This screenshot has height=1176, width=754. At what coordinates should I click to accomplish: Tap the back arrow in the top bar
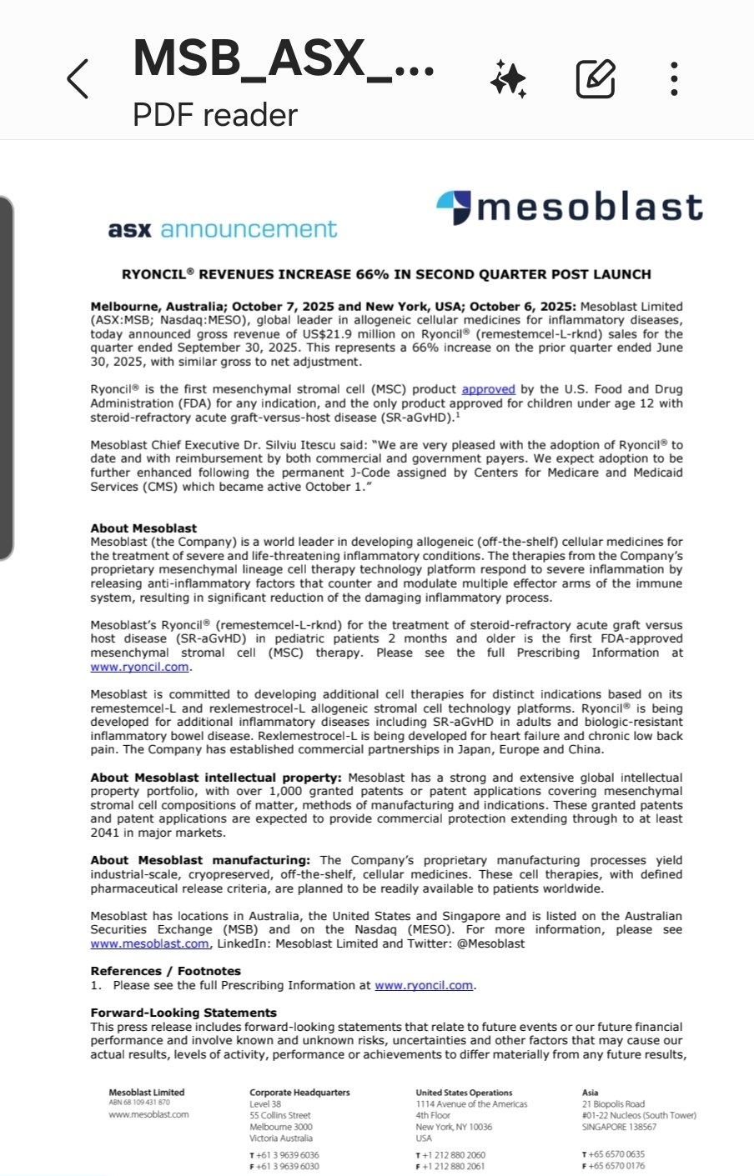pyautogui.click(x=78, y=79)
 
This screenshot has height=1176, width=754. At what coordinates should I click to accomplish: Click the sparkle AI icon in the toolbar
pyautogui.click(x=508, y=79)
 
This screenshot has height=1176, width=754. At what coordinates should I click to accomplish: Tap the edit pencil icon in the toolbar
pyautogui.click(x=596, y=79)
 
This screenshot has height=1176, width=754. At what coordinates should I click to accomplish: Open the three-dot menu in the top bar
pyautogui.click(x=674, y=79)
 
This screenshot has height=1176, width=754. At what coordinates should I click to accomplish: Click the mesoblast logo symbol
pyautogui.click(x=455, y=208)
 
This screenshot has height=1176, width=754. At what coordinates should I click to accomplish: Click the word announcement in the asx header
pyautogui.click(x=249, y=229)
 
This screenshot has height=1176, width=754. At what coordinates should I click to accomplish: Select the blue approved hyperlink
pyautogui.click(x=488, y=389)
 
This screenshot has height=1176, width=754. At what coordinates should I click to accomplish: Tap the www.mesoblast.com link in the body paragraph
pyautogui.click(x=150, y=943)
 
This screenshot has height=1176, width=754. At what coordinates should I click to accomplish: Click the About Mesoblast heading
pyautogui.click(x=143, y=528)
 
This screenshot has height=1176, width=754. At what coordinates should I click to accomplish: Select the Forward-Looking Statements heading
pyautogui.click(x=183, y=1013)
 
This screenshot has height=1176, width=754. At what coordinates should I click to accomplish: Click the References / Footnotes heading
pyautogui.click(x=165, y=971)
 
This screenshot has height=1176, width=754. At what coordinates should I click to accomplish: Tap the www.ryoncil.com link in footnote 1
pyautogui.click(x=424, y=985)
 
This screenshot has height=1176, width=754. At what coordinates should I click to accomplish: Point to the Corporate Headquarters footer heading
pyautogui.click(x=299, y=1092)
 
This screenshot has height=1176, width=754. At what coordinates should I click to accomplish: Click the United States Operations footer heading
pyautogui.click(x=464, y=1092)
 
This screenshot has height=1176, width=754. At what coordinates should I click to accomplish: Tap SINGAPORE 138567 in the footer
pyautogui.click(x=619, y=1127)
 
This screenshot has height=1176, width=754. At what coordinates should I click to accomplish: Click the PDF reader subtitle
pyautogui.click(x=214, y=115)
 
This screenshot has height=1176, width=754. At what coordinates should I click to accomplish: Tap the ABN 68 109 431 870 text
pyautogui.click(x=138, y=1102)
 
